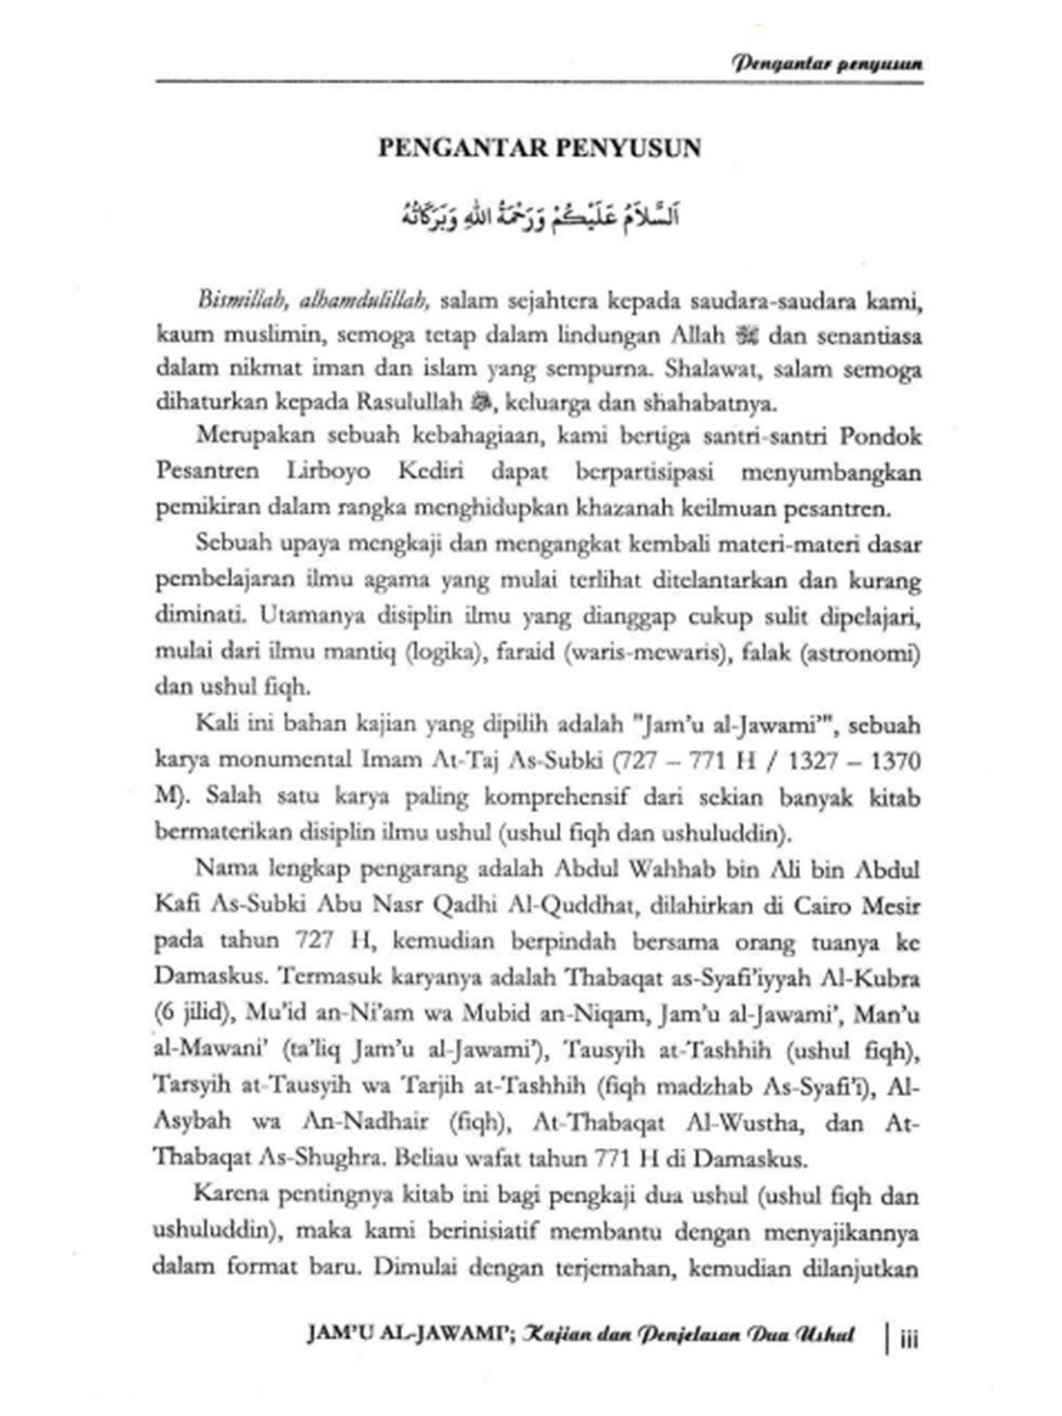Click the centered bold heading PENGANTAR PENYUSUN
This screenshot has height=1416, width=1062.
(539, 149)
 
